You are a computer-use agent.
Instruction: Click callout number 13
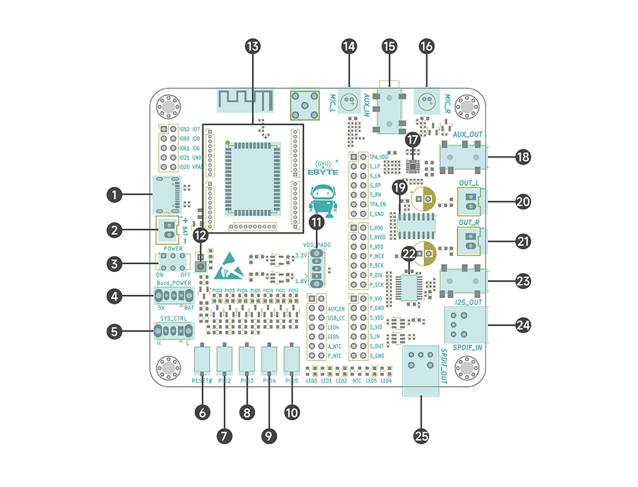coord(253,47)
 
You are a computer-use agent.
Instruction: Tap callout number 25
coord(421,436)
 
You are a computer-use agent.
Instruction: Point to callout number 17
coord(413,139)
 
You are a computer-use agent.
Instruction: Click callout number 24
coord(523,326)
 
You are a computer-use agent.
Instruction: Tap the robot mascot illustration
coord(323,200)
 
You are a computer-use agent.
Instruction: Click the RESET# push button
coord(202,358)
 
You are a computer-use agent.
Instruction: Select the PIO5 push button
coord(292,358)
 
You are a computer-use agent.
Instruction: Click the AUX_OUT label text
coord(468,135)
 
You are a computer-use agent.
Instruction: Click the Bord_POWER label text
coord(174,283)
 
